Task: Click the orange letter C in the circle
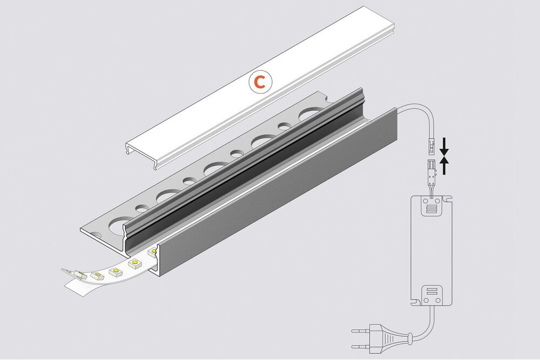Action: (260, 82)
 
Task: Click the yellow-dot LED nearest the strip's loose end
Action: (99, 276)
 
